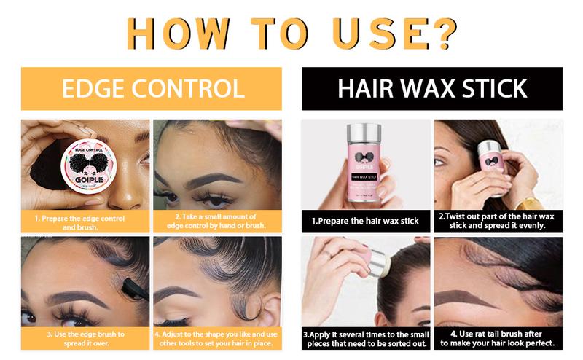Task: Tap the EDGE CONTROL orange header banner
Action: coord(152,89)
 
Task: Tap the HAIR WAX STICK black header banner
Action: coord(431,89)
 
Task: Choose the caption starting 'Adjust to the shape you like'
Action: coord(216,338)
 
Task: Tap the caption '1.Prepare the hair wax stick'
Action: coord(365,221)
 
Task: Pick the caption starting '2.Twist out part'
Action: coord(498,221)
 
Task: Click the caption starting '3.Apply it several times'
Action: coord(365,339)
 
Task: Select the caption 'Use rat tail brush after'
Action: coord(498,339)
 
